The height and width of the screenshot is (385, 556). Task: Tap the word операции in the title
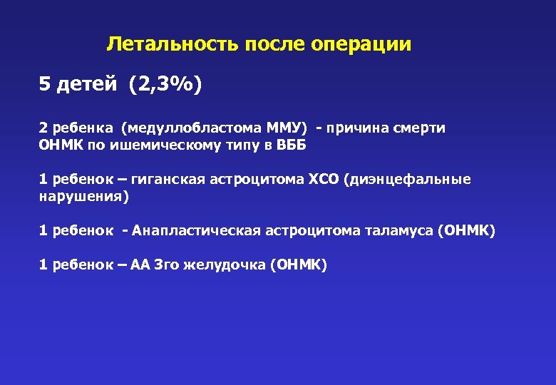pyautogui.click(x=361, y=45)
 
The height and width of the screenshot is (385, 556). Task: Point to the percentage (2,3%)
pyautogui.click(x=165, y=86)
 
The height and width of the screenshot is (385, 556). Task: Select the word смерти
pyautogui.click(x=420, y=128)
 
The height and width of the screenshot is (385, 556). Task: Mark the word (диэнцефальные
pyautogui.click(x=407, y=179)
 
